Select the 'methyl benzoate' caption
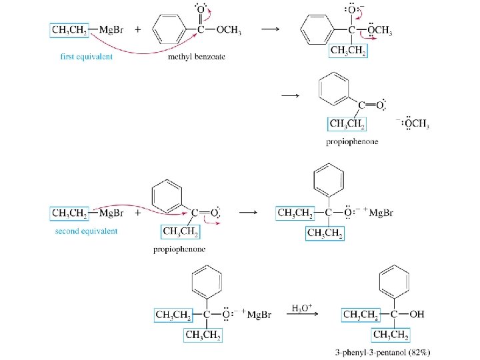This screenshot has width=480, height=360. [197, 57]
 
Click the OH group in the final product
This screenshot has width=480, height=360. [416, 314]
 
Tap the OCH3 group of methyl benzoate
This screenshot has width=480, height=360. [227, 30]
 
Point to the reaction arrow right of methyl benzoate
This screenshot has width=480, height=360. [268, 30]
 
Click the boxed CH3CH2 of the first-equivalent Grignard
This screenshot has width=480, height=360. [70, 30]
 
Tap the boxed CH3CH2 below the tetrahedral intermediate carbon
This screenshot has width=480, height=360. [347, 52]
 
